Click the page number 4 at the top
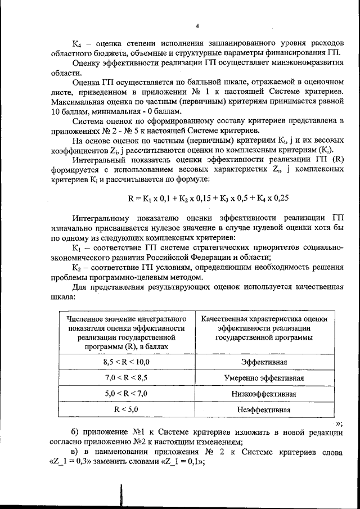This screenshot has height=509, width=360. click(197, 25)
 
